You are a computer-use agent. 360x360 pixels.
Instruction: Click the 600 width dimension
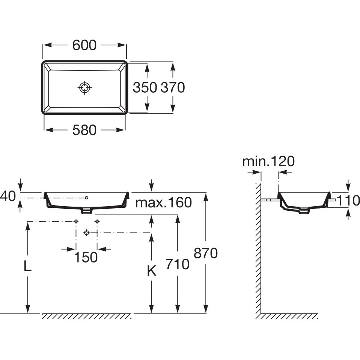pyautogui.click(x=84, y=45)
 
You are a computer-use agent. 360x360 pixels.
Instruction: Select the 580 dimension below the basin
pyautogui.click(x=84, y=130)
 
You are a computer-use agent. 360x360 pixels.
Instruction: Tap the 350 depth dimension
pyautogui.click(x=145, y=87)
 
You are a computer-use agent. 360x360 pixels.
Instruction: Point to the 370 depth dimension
pyautogui.click(x=173, y=87)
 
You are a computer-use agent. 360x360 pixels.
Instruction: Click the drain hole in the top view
pyautogui.click(x=85, y=87)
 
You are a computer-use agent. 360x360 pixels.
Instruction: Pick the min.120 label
pyautogui.click(x=268, y=161)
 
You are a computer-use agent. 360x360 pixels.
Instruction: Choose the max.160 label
pyautogui.click(x=164, y=202)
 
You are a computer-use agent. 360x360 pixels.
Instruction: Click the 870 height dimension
pyautogui.click(x=206, y=253)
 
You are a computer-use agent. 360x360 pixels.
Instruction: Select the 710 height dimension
pyautogui.click(x=178, y=264)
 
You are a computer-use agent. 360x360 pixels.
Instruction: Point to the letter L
pyautogui.click(x=27, y=266)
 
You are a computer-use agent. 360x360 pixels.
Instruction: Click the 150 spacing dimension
pyautogui.click(x=86, y=258)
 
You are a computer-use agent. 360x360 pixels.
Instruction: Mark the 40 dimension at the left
pyautogui.click(x=7, y=196)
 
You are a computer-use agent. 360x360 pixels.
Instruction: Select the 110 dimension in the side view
pyautogui.click(x=348, y=201)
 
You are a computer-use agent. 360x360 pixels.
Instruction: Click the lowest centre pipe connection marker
pyautogui.click(x=86, y=233)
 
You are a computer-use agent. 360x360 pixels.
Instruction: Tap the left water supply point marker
pyautogui.click(x=76, y=222)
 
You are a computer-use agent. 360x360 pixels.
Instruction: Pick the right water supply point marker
pyautogui.click(x=97, y=222)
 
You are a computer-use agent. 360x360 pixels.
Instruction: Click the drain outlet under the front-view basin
pyautogui.click(x=86, y=211)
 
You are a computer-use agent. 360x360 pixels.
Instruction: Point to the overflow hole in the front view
pyautogui.click(x=87, y=197)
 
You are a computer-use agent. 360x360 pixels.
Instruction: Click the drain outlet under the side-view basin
pyautogui.click(x=304, y=211)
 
